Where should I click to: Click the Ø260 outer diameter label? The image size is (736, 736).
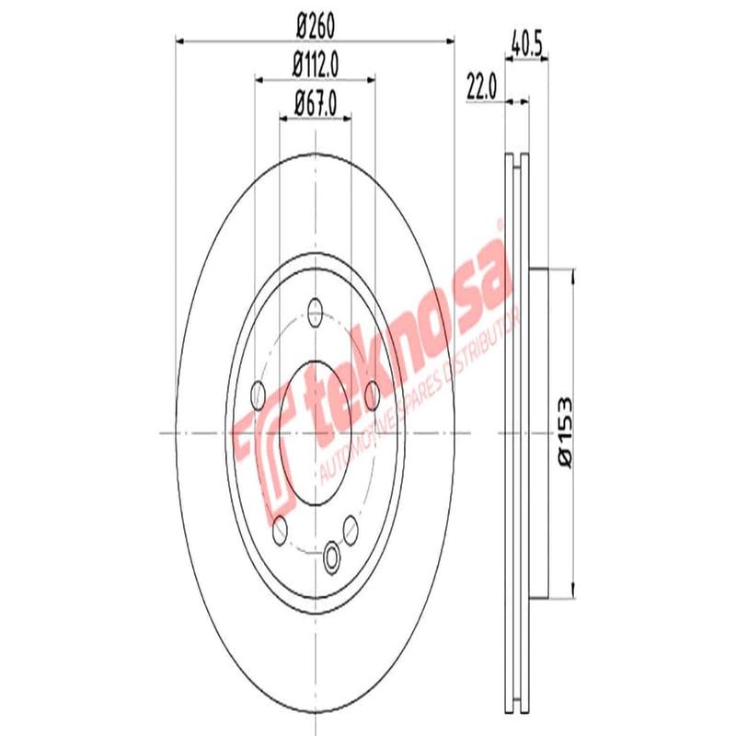pos(315,27)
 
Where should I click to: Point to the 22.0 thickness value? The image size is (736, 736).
pos(481,88)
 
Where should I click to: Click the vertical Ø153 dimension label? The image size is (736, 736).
pos(563,431)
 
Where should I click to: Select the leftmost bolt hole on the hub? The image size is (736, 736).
pos(258,396)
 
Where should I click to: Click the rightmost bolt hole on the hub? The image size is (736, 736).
pos(373,396)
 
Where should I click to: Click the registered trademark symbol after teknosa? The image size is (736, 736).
pos(500,224)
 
